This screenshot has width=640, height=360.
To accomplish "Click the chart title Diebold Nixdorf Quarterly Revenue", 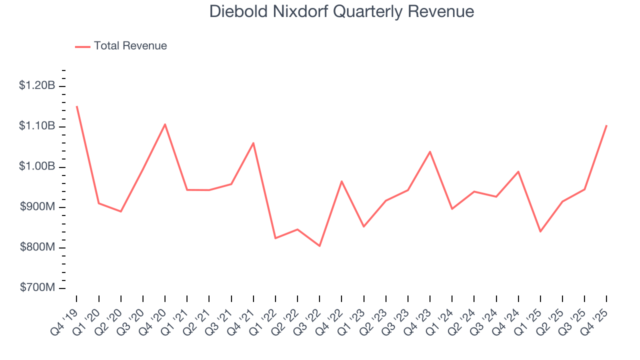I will [x=341, y=11].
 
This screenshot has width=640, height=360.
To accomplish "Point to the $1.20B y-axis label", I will [x=37, y=86].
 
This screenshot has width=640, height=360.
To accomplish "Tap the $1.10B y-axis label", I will [x=37, y=126].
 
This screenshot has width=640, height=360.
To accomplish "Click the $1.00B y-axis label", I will [x=37, y=166].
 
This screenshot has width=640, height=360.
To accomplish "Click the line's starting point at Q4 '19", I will [x=76, y=106].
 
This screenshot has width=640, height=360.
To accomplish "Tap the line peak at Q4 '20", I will [x=165, y=124].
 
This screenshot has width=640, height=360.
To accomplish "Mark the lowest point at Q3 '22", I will [x=319, y=246].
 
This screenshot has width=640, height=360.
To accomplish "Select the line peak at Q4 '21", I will [x=253, y=143].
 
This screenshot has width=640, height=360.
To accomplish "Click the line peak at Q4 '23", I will [x=430, y=151].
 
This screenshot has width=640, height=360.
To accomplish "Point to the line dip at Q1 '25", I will [x=540, y=231].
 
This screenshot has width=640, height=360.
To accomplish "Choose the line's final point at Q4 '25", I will [x=606, y=125].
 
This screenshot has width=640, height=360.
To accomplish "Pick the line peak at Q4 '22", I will [x=341, y=181].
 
